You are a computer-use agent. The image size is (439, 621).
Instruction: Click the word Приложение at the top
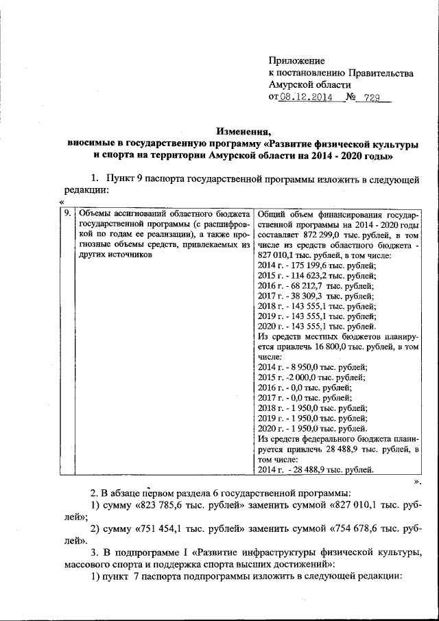pyautogui.click(x=297, y=61)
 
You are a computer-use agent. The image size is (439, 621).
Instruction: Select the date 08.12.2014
pyautogui.click(x=306, y=97)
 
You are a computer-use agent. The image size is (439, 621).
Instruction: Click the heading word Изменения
pyautogui.click(x=244, y=132)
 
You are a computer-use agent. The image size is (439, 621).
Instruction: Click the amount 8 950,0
pyautogui.click(x=300, y=367)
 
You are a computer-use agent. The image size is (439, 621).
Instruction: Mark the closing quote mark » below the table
pyautogui.click(x=416, y=481)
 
